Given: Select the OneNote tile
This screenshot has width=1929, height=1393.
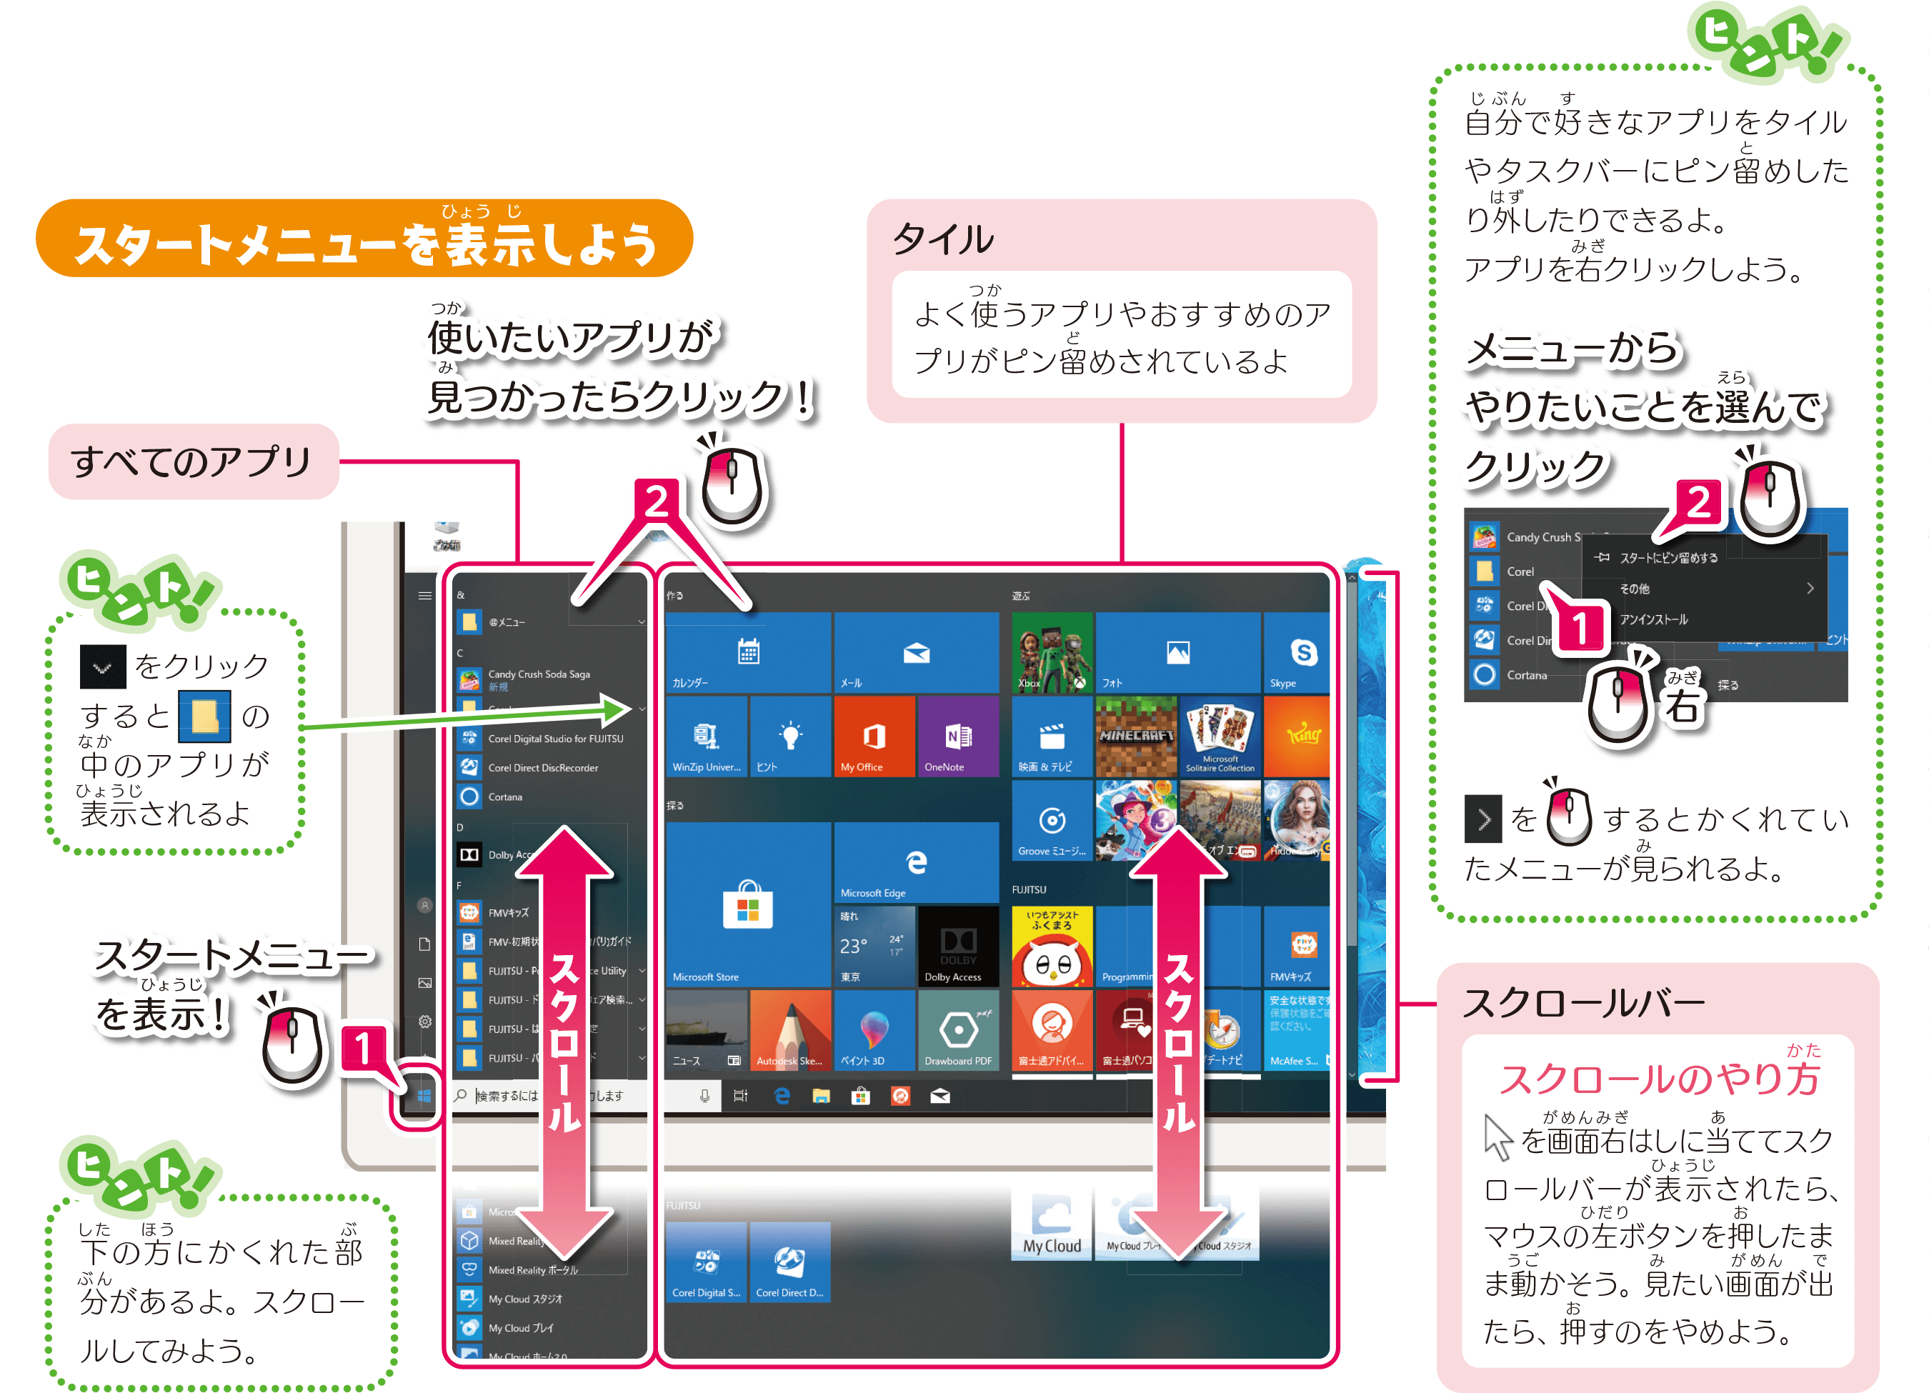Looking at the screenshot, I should pyautogui.click(x=957, y=737).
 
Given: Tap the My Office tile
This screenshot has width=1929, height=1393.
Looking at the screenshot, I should pyautogui.click(x=874, y=737).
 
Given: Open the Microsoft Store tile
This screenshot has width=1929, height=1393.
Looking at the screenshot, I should pyautogui.click(x=747, y=903).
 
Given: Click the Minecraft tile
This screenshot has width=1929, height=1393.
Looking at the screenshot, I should pyautogui.click(x=1135, y=737).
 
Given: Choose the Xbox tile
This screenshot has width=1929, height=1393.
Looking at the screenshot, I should pyautogui.click(x=1051, y=653).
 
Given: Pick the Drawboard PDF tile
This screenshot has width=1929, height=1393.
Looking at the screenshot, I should pyautogui.click(x=957, y=1030).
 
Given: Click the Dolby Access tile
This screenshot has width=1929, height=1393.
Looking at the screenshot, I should pyautogui.click(x=957, y=946).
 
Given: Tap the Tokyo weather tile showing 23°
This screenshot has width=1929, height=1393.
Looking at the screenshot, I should pyautogui.click(x=874, y=946).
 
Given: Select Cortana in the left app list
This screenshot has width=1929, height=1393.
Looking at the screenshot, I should pyautogui.click(x=505, y=797).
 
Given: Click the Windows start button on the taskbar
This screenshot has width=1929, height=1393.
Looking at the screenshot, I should pyautogui.click(x=424, y=1097).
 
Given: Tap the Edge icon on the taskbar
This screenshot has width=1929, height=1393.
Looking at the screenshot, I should pyautogui.click(x=782, y=1097).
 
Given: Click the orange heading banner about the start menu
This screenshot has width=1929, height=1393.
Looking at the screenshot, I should pyautogui.click(x=364, y=240).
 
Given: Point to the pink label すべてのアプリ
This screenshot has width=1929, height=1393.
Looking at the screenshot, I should pyautogui.click(x=193, y=461).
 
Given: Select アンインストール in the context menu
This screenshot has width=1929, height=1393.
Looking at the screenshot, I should pyautogui.click(x=1653, y=619).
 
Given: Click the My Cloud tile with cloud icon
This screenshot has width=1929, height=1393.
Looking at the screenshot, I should pyautogui.click(x=1051, y=1224).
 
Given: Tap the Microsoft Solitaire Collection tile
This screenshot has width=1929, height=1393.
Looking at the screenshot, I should pyautogui.click(x=1220, y=737).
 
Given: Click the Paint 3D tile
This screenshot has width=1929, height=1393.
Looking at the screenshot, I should pyautogui.click(x=874, y=1030).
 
